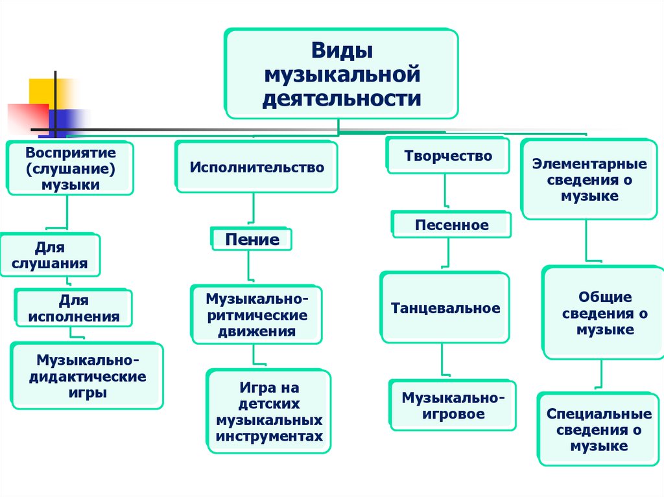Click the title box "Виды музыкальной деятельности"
342,74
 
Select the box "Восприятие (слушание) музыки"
71,168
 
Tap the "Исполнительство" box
257,167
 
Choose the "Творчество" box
448,156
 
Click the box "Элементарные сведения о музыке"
589,179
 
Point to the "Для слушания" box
49,255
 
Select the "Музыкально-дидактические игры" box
87,376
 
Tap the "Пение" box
252,239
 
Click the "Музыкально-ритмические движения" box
255,315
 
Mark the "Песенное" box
451,225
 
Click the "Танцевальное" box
445,308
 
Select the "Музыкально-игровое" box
453,405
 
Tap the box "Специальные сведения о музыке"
599,429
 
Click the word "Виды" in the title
341,51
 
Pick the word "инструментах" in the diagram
269,436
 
